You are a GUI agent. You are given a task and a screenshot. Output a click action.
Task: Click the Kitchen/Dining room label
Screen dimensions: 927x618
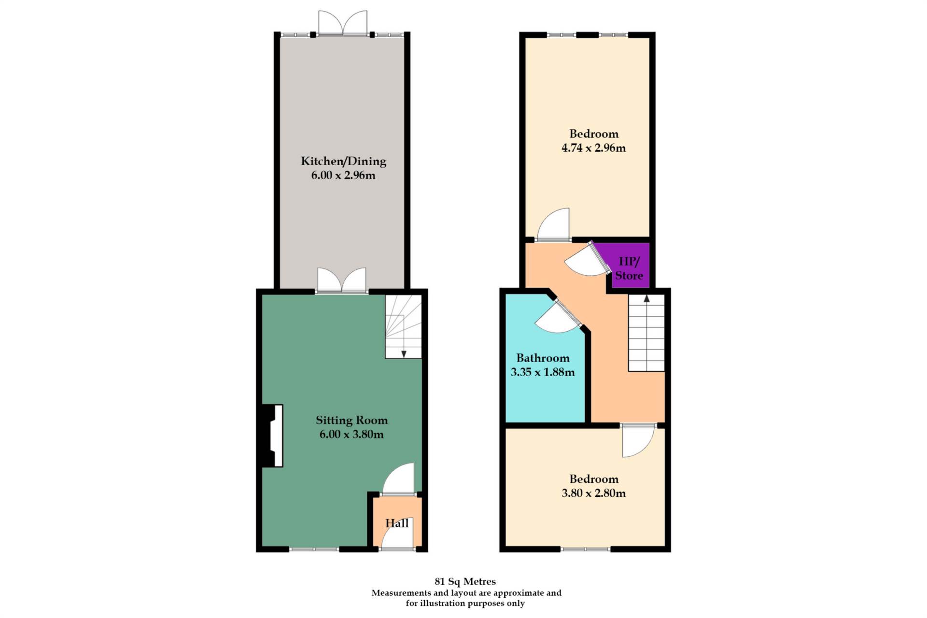point(343,161)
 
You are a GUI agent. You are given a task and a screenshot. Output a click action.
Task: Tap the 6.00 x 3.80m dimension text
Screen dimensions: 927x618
point(351,434)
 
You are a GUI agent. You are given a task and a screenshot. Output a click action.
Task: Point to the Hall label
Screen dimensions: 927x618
point(397,523)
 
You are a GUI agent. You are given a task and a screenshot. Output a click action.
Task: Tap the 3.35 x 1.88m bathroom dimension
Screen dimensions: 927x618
point(543,372)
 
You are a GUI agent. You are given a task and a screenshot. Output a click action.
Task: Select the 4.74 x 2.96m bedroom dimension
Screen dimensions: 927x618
point(593,148)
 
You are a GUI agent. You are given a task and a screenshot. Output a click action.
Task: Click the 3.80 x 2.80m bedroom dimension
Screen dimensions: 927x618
point(593,493)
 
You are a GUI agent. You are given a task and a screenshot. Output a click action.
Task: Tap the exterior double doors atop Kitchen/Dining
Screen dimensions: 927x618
point(343,23)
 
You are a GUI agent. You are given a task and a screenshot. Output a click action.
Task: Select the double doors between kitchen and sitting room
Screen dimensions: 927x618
point(342,280)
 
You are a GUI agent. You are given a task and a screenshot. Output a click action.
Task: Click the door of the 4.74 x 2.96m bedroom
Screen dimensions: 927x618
point(554,225)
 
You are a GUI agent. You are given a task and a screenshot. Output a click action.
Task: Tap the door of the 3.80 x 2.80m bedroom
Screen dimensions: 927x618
point(638,440)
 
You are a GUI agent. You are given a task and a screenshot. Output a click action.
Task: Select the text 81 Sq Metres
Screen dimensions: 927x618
point(465,582)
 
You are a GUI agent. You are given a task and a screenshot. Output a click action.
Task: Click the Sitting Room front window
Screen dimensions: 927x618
point(314,549)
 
